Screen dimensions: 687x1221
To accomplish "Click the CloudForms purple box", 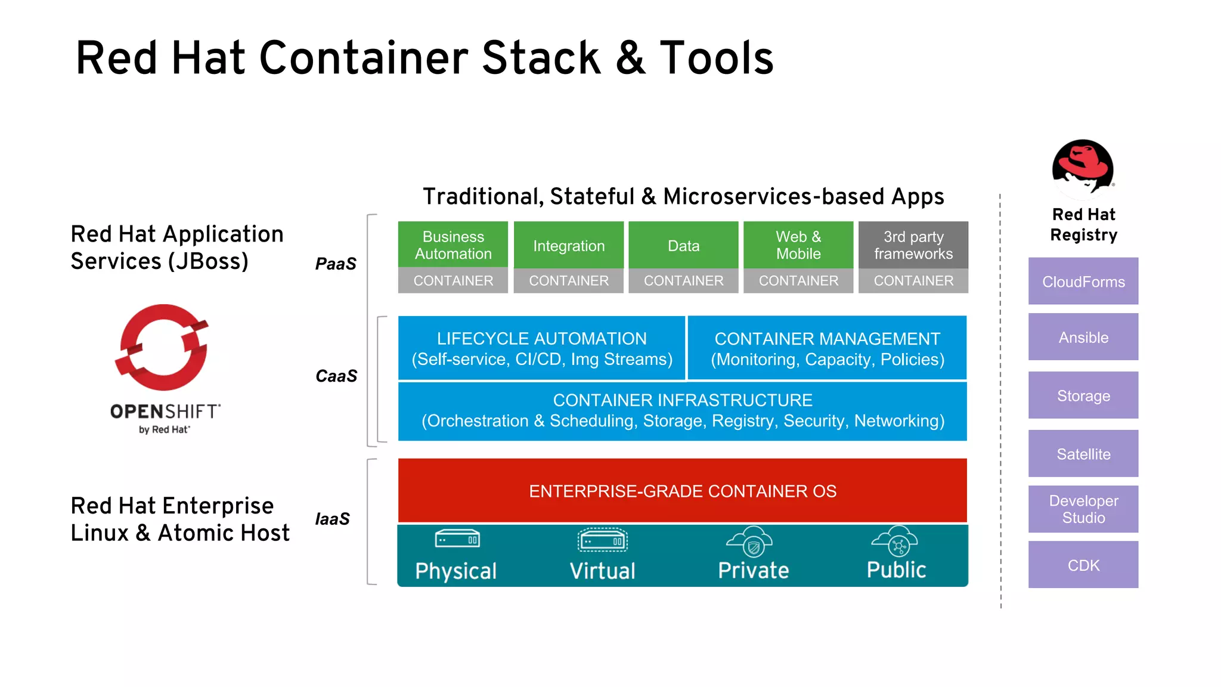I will coord(1083,281).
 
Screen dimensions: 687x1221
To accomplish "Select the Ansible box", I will coord(1083,337).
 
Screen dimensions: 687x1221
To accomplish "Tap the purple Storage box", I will coord(1083,395).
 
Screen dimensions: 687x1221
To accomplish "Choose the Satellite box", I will coord(1083,453).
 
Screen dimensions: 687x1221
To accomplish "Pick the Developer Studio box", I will coord(1083,509).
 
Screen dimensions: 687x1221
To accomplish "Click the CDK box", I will coord(1083,564).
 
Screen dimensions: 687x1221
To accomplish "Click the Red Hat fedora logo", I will coord(1083,168).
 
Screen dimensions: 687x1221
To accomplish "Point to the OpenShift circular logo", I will coord(162,348).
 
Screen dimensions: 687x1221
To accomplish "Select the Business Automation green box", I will coord(453,245).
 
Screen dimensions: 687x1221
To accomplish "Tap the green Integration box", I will coord(568,245).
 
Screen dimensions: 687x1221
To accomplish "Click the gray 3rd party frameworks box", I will coord(913,245).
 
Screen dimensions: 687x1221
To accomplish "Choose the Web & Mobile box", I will coord(798,245).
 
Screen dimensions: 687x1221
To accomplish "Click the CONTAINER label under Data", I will coord(683,280).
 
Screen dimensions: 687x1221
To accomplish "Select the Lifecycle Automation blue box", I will coord(541,348).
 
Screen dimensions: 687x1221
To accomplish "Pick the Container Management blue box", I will coord(827,348).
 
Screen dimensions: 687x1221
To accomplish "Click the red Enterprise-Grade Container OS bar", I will coord(682,491).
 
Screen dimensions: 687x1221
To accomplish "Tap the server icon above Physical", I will coord(457,539).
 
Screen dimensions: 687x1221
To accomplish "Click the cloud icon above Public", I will coord(895,540).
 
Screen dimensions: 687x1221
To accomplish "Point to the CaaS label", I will coord(336,376).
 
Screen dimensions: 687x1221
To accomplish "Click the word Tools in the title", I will coord(715,58).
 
